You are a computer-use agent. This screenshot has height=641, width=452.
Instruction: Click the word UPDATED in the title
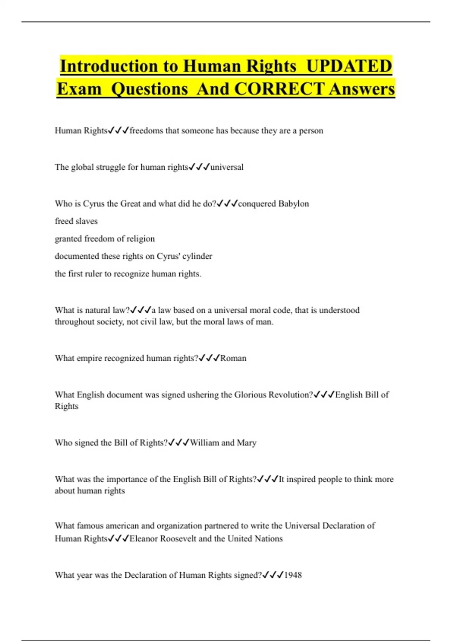click(349, 66)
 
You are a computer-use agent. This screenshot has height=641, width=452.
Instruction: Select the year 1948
click(293, 575)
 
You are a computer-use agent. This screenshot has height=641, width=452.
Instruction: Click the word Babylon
click(293, 204)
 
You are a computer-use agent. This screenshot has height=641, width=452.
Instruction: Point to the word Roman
click(233, 358)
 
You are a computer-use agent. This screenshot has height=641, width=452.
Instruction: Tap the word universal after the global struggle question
click(227, 167)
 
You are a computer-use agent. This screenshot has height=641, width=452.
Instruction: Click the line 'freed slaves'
click(76, 221)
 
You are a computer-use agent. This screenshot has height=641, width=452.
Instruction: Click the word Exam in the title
click(79, 89)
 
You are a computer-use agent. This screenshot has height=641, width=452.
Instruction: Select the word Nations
click(269, 538)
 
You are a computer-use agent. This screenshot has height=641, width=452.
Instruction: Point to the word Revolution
click(290, 395)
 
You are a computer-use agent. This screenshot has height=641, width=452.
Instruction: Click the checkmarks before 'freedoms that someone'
click(118, 130)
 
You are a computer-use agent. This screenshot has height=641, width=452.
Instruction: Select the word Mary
click(246, 443)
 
